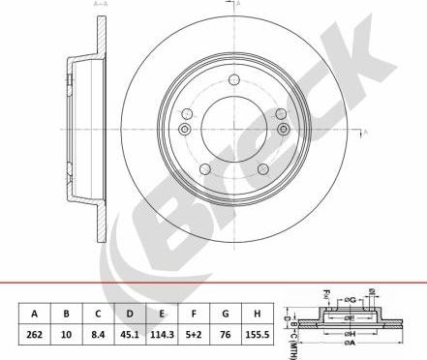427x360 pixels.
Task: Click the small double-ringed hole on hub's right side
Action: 283,130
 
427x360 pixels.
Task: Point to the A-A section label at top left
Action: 100,5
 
